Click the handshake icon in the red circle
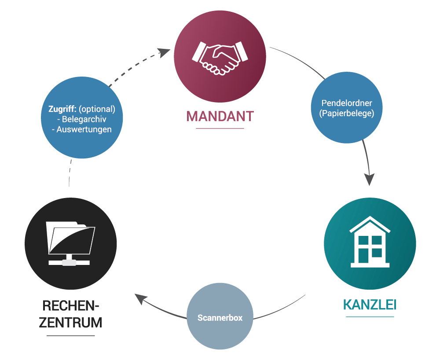pos(220,57)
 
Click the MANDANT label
pos(220,116)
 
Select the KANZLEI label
pos(370,305)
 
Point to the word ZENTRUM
pos(70,322)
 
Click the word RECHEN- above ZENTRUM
pos(70,305)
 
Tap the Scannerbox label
pos(220,318)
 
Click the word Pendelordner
pos(347,103)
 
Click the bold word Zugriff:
pos(62,109)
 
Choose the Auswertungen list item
pos(81,129)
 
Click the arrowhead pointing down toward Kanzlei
pos(369,179)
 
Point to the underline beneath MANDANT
pos(220,129)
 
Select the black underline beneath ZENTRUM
pos(70,336)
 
